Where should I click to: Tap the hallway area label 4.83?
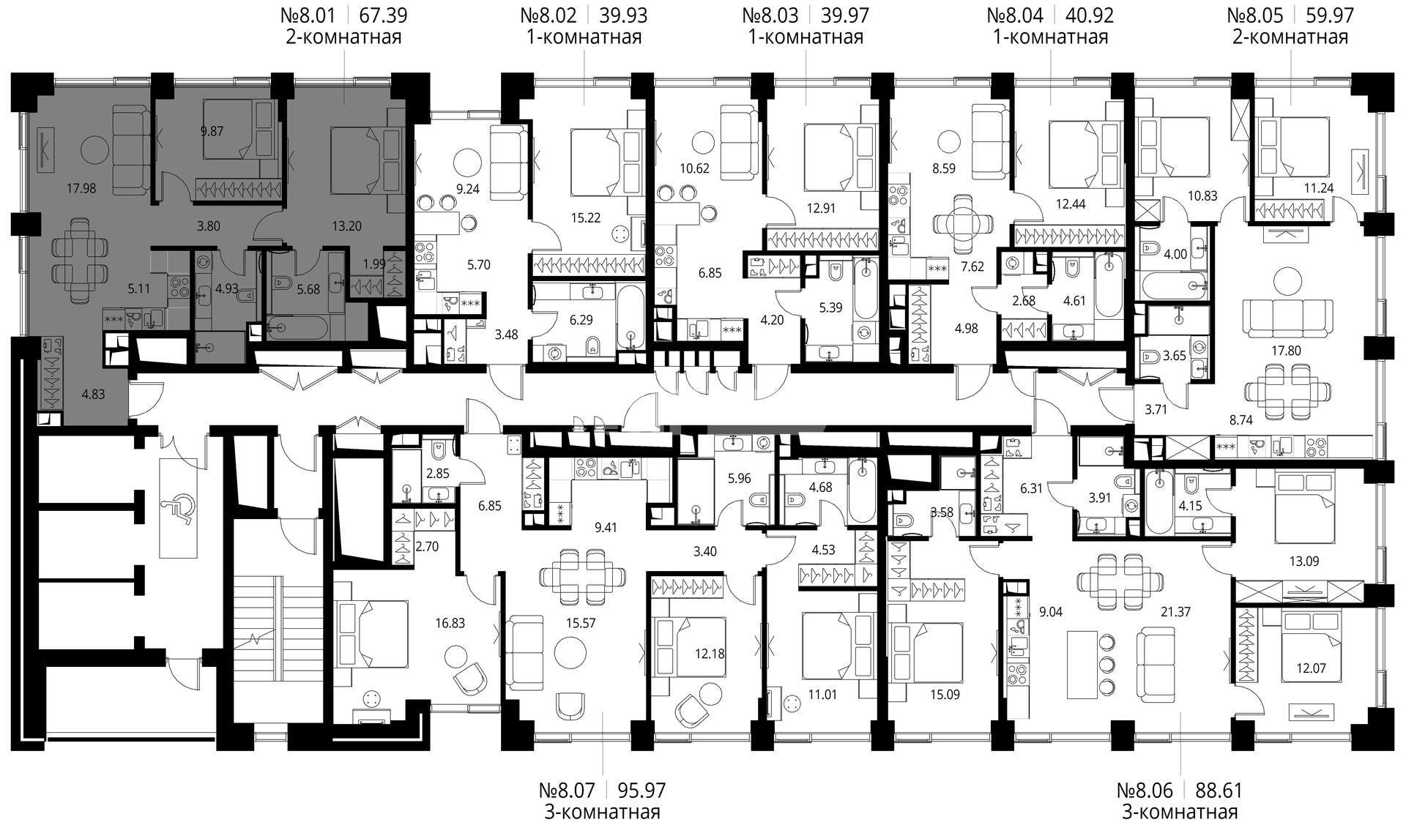[x=93, y=394]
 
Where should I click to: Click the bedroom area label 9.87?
[x=212, y=132]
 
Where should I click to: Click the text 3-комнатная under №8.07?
[x=602, y=812]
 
